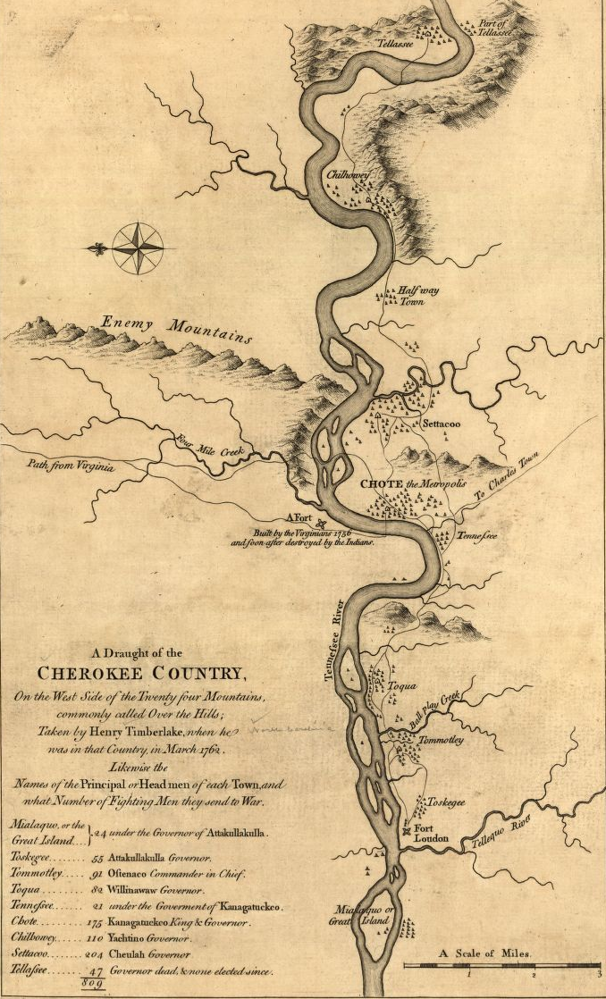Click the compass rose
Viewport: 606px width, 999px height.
[x=137, y=246]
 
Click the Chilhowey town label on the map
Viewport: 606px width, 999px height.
[x=348, y=176]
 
